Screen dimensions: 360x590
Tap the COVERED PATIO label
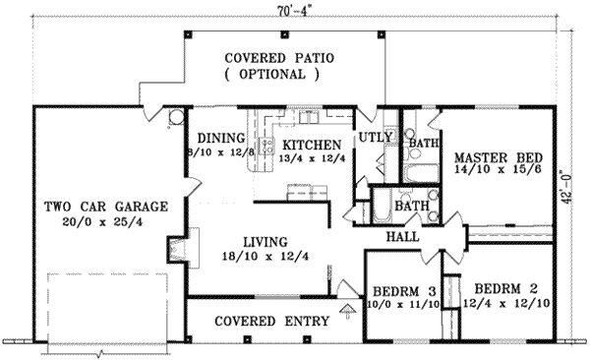[279, 58]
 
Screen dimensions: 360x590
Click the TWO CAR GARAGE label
[105, 208]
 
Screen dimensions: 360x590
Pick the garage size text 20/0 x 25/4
[104, 224]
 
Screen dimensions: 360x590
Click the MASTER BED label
[493, 155]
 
